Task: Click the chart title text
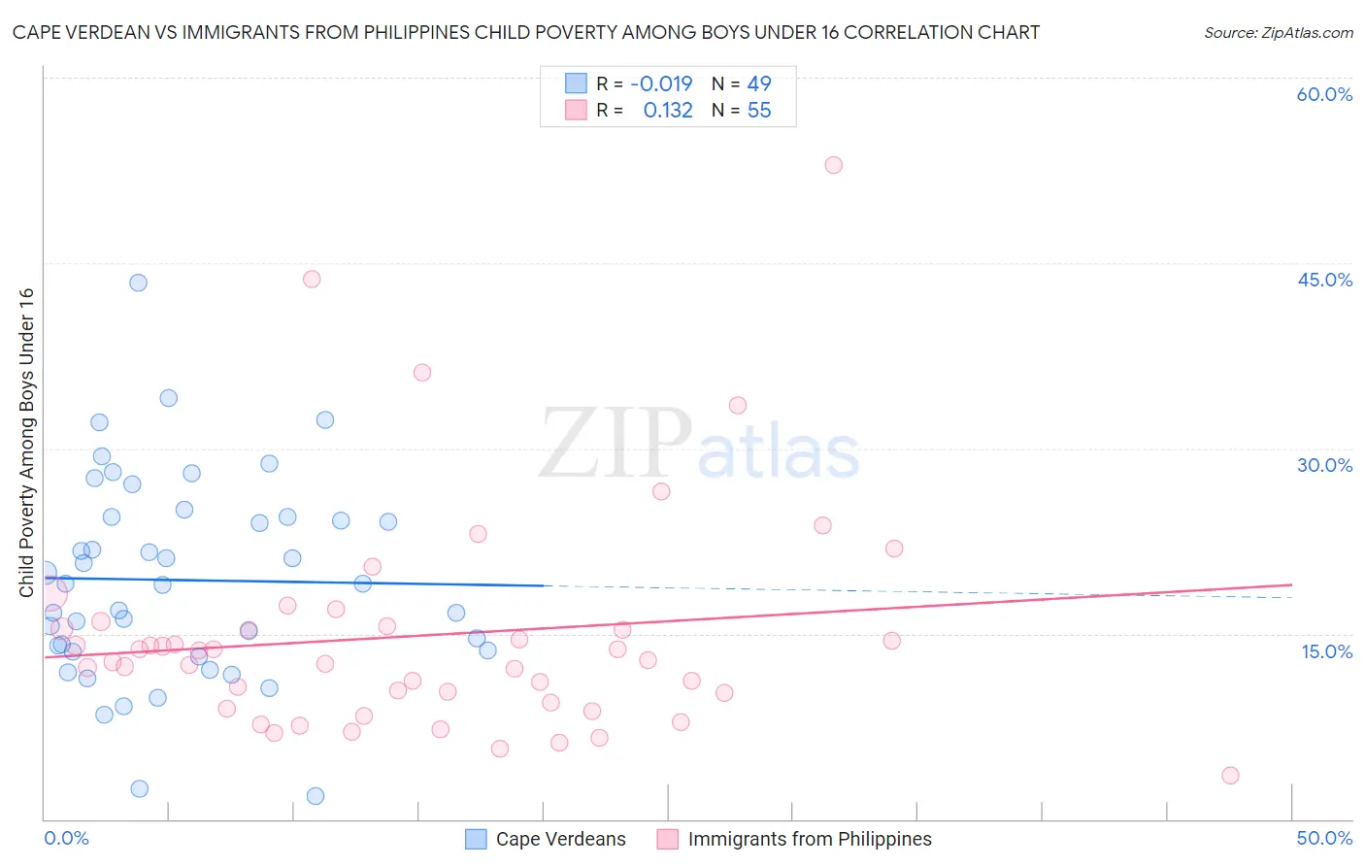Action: click(x=525, y=32)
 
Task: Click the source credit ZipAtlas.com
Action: click(x=1278, y=32)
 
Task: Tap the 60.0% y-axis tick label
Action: click(x=1324, y=94)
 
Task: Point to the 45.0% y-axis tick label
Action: click(x=1324, y=280)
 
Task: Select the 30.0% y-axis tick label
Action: click(x=1324, y=465)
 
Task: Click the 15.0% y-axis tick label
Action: click(x=1326, y=651)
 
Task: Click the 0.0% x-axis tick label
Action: click(x=66, y=838)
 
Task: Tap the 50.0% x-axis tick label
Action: click(x=1324, y=838)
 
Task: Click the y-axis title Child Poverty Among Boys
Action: click(x=26, y=443)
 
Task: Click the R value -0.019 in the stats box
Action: click(x=661, y=84)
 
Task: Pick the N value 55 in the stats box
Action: click(x=759, y=111)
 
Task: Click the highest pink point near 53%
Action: click(x=833, y=165)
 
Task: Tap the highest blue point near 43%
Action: click(x=138, y=283)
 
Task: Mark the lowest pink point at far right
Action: click(x=1230, y=775)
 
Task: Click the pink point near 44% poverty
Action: click(x=312, y=279)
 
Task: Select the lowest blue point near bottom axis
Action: click(x=316, y=796)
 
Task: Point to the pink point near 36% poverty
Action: click(x=421, y=373)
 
